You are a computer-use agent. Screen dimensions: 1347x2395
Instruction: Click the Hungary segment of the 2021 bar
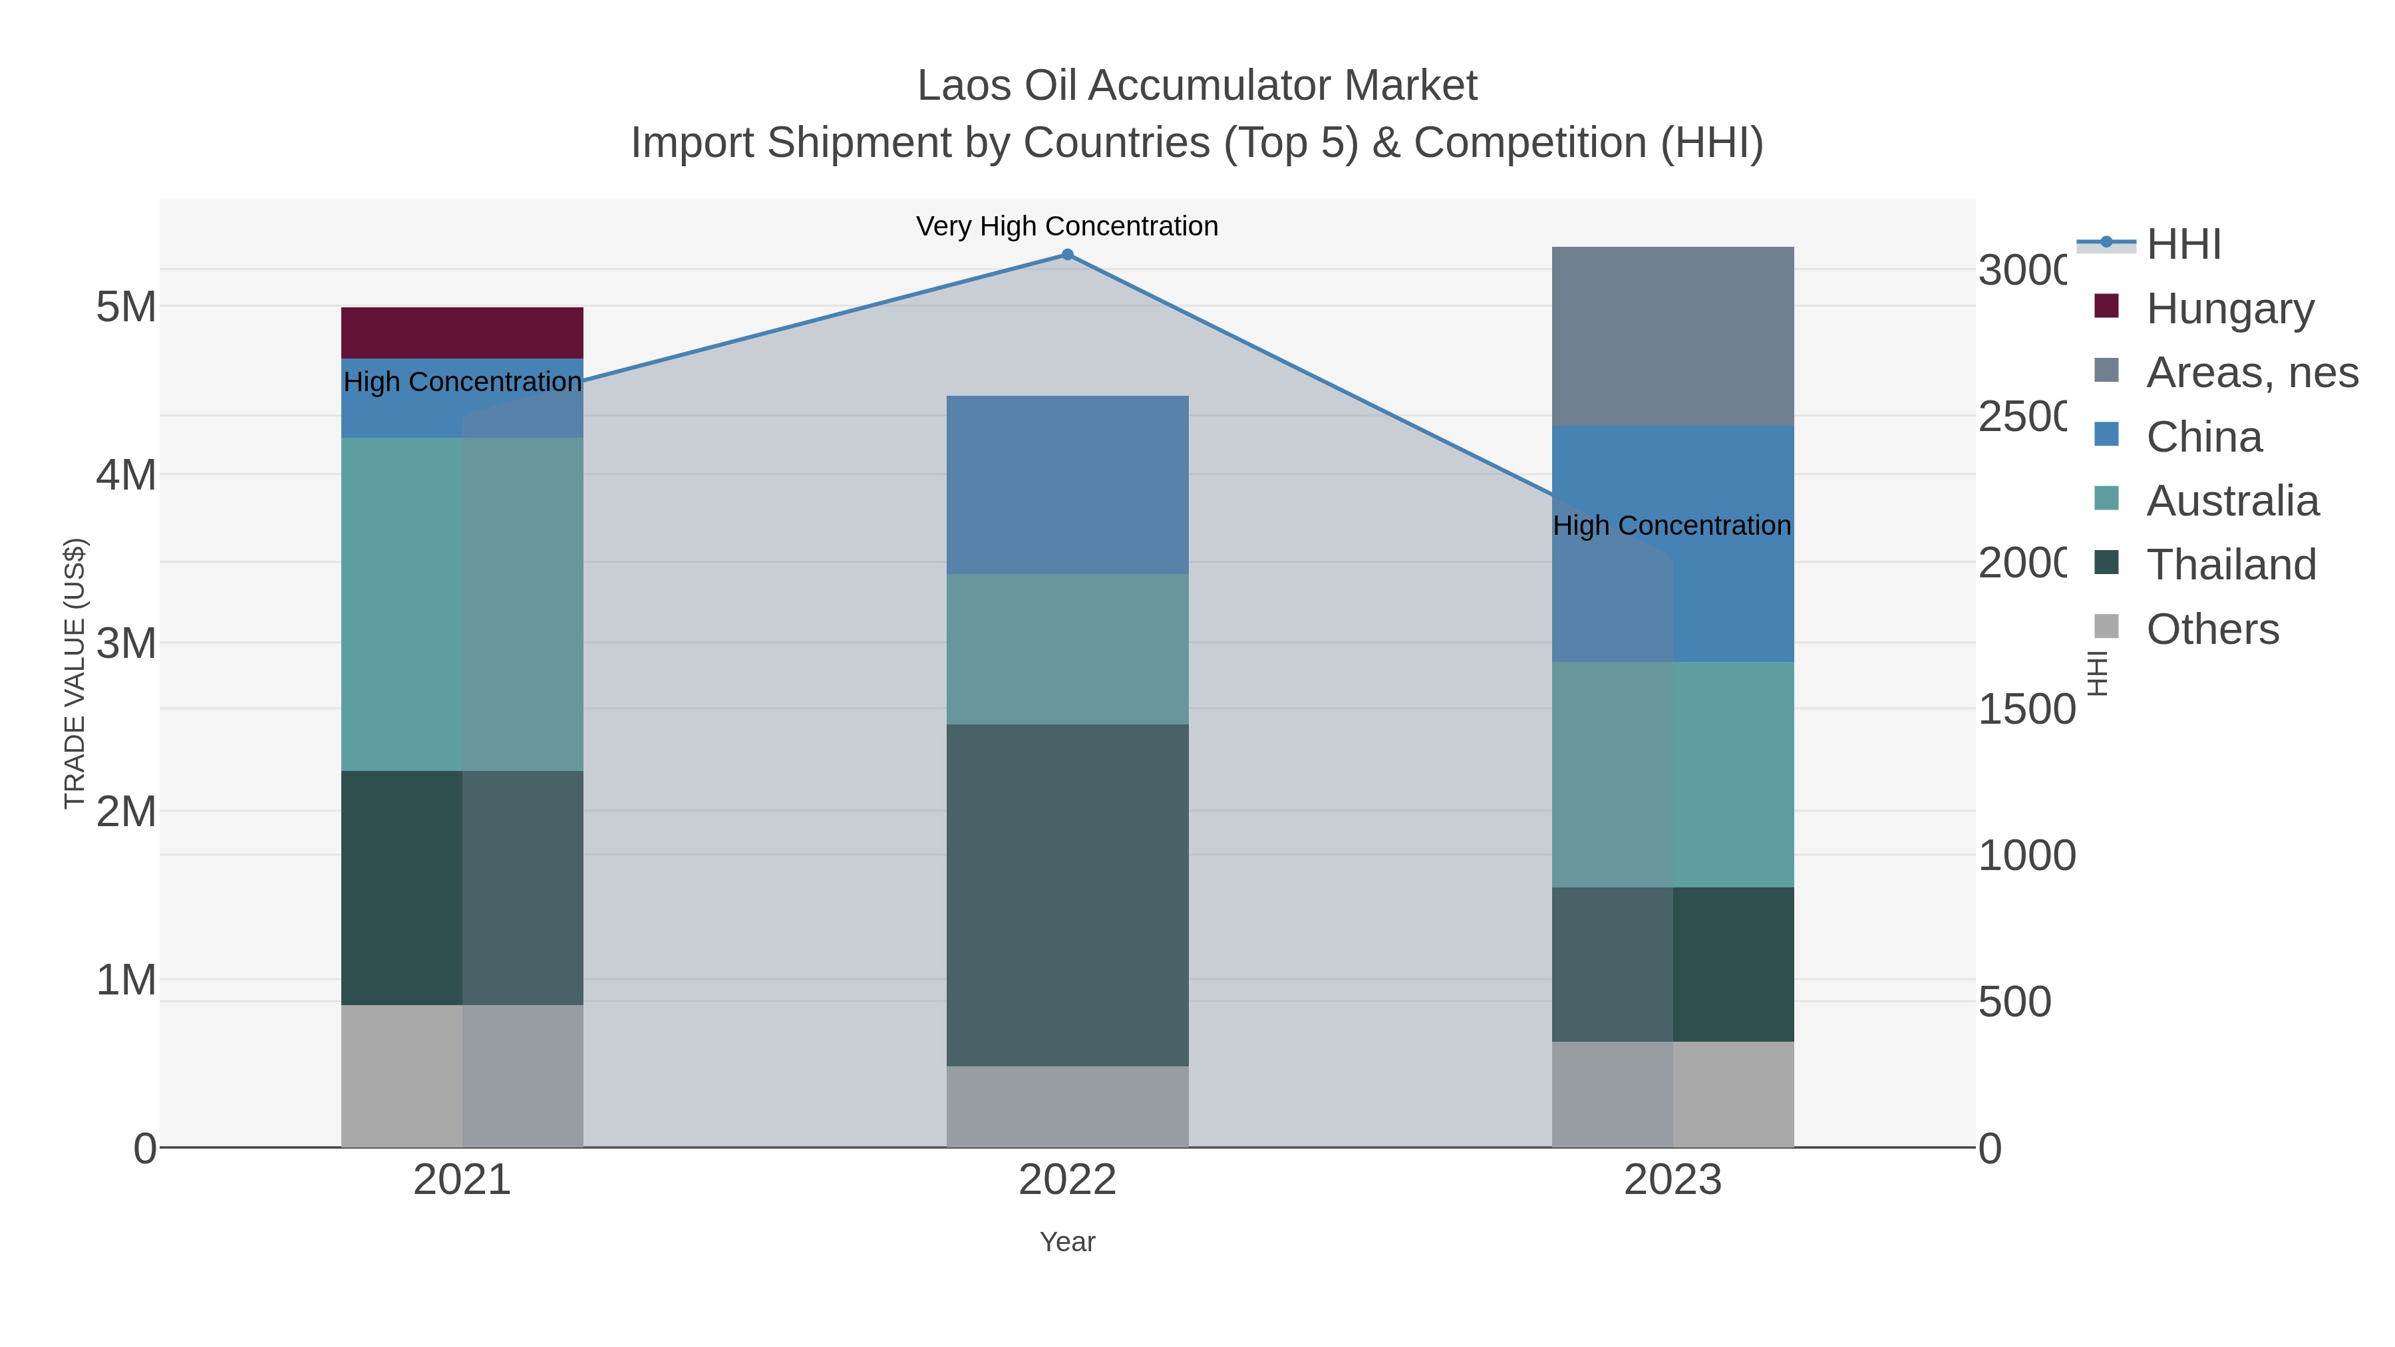coord(462,332)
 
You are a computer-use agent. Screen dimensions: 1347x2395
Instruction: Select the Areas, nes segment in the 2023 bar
coord(1672,336)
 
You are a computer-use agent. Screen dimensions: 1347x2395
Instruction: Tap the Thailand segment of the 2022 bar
coord(1066,894)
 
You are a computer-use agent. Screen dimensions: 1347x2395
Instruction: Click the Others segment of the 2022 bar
coord(1066,1106)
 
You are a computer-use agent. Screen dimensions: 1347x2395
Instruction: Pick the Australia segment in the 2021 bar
coord(462,603)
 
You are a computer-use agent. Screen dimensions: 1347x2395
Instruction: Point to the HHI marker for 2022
coord(1067,255)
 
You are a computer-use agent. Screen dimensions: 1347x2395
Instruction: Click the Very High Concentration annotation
coord(1066,226)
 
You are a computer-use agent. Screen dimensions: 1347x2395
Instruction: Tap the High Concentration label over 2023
coord(1671,525)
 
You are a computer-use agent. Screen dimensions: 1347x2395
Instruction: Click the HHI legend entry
coord(2183,243)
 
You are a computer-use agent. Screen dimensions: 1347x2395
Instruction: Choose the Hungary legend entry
coord(2229,308)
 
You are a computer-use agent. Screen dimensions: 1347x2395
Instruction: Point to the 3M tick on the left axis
coord(126,643)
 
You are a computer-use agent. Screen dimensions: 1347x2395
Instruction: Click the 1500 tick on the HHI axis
coord(2025,708)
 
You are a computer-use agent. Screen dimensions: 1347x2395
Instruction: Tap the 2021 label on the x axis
coord(462,1179)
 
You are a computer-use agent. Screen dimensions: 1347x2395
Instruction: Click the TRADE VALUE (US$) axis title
coord(75,673)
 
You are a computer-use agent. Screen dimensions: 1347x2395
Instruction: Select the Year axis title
coord(1067,1242)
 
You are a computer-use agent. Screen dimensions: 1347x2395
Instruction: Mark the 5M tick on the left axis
coord(126,306)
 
